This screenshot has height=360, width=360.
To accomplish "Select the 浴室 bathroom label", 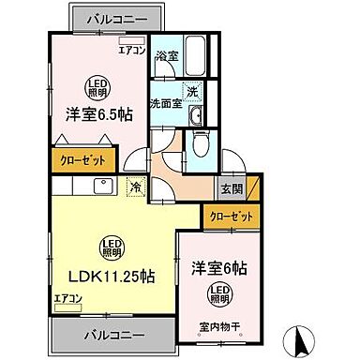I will point(166,55).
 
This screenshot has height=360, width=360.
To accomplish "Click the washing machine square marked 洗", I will point(191,92).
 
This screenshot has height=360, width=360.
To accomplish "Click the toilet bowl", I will point(200,145).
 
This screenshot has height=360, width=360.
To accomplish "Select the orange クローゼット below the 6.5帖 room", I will point(82,159).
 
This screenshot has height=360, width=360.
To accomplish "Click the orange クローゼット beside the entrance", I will point(231,217).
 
